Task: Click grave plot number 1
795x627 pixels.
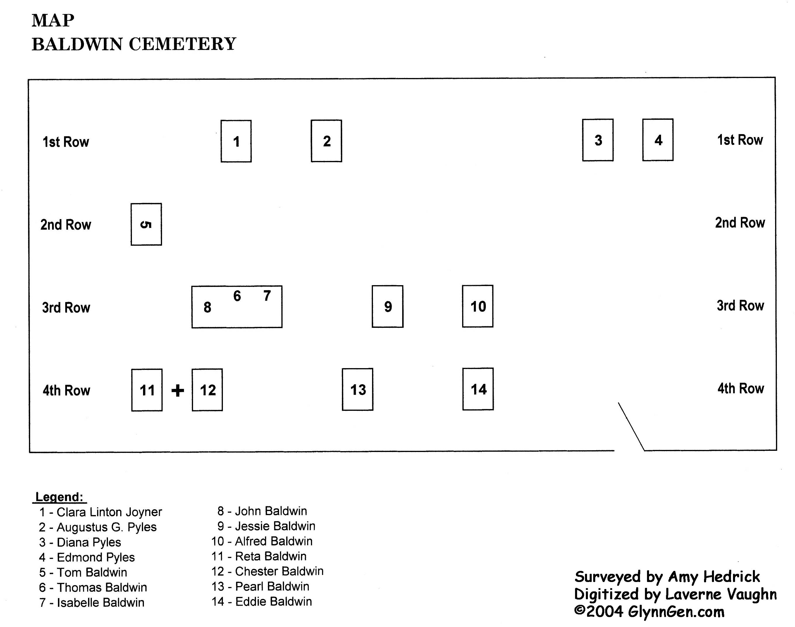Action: click(236, 141)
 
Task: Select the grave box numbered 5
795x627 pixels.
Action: click(146, 224)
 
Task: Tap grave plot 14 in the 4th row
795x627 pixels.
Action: click(478, 389)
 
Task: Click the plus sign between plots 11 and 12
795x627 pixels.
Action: click(178, 390)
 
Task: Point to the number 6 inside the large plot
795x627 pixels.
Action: click(237, 296)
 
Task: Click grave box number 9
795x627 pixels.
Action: click(387, 306)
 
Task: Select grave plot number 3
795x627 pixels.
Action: click(598, 140)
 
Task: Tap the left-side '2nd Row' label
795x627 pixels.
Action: click(66, 225)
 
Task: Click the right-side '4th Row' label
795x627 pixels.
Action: click(741, 388)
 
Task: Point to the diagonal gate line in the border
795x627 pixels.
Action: click(631, 427)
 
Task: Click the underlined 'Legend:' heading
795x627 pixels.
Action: click(60, 497)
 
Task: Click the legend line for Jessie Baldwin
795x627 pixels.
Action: click(266, 526)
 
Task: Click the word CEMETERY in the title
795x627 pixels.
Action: click(182, 44)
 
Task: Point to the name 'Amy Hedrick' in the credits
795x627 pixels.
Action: click(714, 577)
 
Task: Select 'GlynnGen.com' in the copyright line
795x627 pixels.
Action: click(676, 612)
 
